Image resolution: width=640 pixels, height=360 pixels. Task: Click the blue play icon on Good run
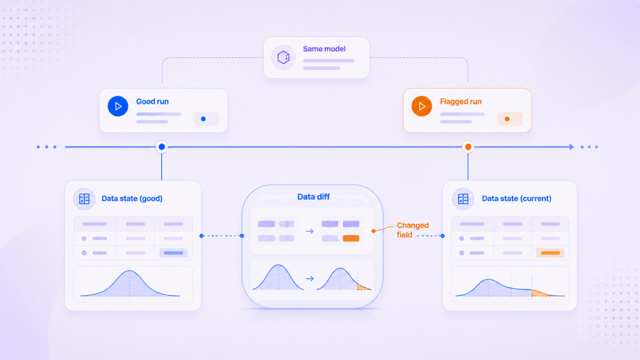pos(118,106)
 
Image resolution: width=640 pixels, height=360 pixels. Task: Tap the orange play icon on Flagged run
pos(422,106)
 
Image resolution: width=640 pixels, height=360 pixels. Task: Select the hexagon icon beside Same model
pos(283,57)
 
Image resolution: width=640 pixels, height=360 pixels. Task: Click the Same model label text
pos(324,49)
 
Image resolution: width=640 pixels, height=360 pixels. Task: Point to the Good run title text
pos(152,102)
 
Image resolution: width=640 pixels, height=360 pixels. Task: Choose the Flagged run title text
pos(461,102)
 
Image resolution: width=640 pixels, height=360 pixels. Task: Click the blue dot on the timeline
pos(162,147)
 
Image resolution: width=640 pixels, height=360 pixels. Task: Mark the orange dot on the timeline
pos(468,147)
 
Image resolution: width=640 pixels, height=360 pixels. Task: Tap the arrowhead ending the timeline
pos(572,147)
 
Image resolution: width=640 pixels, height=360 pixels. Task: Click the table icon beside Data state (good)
pos(84,199)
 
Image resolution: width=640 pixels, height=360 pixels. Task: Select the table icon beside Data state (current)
pos(463,199)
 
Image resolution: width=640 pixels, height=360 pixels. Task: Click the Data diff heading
pos(314,197)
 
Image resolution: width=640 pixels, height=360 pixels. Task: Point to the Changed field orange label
pos(412,230)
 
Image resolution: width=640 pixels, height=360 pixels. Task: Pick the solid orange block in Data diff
pos(351,238)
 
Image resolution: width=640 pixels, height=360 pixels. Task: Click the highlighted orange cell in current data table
pos(550,253)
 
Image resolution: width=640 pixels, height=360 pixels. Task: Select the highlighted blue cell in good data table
pos(174,253)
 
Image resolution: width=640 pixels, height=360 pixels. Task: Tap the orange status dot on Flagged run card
pos(507,119)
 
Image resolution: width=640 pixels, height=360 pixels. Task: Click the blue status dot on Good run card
pos(203,119)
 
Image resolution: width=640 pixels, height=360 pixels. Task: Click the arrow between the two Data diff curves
pos(310,279)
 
